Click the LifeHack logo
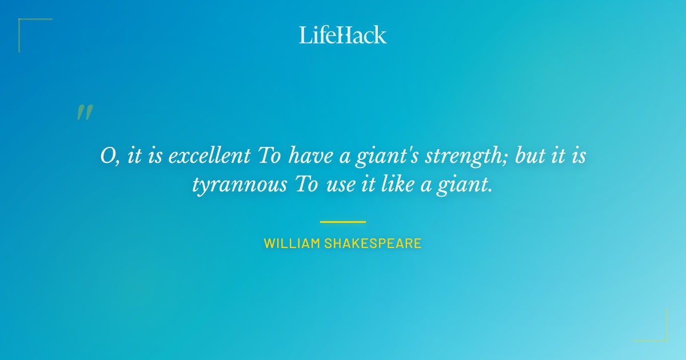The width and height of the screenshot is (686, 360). pyautogui.click(x=343, y=35)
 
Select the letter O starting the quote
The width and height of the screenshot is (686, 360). pyautogui.click(x=108, y=156)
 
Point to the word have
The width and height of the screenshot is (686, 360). pyautogui.click(x=313, y=156)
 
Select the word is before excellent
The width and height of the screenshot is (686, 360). pyautogui.click(x=154, y=156)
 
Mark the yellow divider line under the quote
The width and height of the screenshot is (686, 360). pyautogui.click(x=343, y=222)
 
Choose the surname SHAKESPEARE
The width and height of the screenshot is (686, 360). pyautogui.click(x=373, y=243)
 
